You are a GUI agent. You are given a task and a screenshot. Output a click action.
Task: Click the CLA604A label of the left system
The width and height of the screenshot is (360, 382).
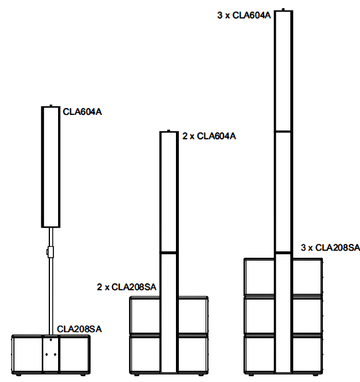[x=82, y=112]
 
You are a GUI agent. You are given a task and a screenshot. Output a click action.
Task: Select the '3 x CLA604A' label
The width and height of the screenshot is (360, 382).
[x=244, y=15]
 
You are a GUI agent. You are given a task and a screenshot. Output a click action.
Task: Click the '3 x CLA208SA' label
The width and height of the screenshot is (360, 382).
[x=330, y=248]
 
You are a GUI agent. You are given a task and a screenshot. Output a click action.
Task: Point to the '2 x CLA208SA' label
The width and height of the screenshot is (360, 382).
[x=127, y=286]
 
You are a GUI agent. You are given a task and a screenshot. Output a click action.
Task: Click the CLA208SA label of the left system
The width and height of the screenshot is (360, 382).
[x=80, y=329]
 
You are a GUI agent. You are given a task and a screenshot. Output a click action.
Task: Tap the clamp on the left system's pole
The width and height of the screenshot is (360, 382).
[x=51, y=252]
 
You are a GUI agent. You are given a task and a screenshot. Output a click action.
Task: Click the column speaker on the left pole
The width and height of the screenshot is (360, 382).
[x=51, y=167]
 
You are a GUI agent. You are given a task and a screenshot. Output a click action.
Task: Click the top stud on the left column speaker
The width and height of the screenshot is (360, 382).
[x=51, y=106]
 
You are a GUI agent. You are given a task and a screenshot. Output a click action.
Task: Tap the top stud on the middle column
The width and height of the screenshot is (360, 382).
[x=168, y=130]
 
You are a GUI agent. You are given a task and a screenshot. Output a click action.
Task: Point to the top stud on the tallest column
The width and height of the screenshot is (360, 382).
[x=283, y=9]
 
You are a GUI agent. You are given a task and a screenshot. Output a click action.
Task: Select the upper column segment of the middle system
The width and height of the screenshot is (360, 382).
[x=168, y=192]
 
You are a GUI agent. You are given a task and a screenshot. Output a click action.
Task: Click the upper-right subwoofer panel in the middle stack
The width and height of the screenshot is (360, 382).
[x=192, y=315]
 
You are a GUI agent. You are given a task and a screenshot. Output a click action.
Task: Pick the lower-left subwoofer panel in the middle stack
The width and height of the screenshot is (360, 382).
[x=145, y=353]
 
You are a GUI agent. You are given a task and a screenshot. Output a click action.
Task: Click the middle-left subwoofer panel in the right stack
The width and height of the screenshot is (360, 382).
[x=259, y=315]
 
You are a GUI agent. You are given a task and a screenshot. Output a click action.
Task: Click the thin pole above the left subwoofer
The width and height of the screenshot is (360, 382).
[x=51, y=290]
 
